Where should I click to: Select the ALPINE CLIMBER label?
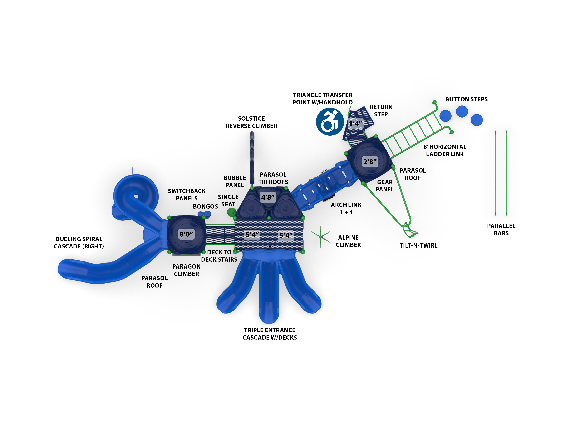pyautogui.click(x=348, y=241)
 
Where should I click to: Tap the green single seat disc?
pyautogui.click(x=231, y=212)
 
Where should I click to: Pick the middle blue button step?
pyautogui.click(x=462, y=112)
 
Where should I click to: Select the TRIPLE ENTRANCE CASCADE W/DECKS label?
pyautogui.click(x=269, y=334)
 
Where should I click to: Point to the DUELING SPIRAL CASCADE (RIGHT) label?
pyautogui.click(x=79, y=243)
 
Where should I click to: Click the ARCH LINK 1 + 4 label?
pyautogui.click(x=346, y=209)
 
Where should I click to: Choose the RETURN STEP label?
pyautogui.click(x=381, y=111)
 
